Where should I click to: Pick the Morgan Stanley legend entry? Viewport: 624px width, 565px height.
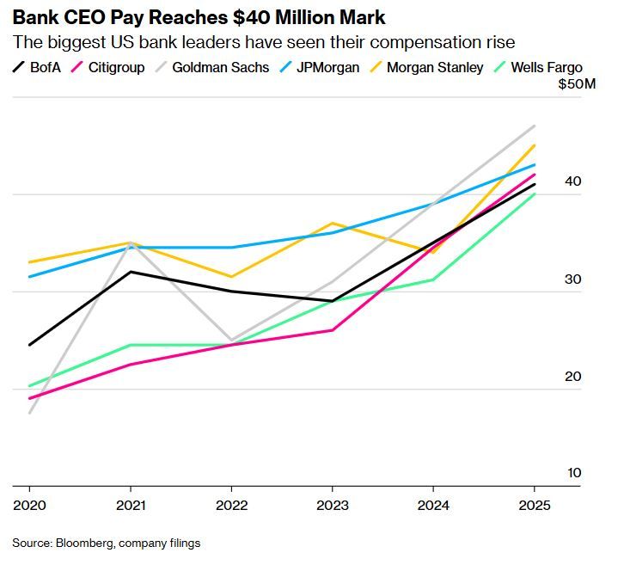[435, 67]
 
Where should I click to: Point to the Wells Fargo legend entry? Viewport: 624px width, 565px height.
[547, 67]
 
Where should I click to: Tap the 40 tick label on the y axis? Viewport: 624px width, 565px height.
[573, 181]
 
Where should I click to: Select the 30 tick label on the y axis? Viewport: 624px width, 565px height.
[573, 279]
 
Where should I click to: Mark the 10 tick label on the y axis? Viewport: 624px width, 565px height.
[573, 473]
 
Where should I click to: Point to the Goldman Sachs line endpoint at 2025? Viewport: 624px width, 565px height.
[535, 126]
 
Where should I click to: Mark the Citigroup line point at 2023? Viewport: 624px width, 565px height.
[332, 330]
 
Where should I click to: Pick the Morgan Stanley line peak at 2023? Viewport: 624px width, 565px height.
[332, 224]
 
